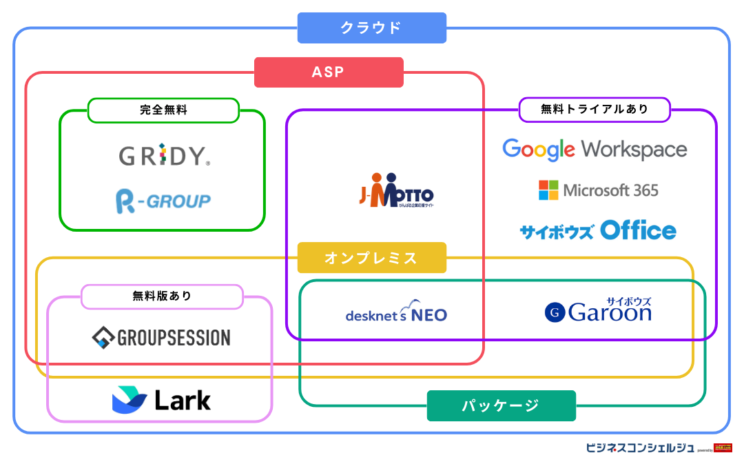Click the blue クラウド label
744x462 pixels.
point(371,28)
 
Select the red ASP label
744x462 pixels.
point(328,72)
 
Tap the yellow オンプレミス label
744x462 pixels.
point(371,258)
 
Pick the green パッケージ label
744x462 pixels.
point(501,405)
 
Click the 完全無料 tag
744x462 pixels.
point(163,110)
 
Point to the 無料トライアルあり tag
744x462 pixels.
point(594,110)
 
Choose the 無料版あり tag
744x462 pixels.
point(162,297)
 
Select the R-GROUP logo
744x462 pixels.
point(163,201)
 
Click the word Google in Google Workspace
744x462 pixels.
point(538,150)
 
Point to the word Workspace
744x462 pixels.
point(634,150)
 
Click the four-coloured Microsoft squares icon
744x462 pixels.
point(548,190)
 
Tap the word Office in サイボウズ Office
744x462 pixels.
point(638,230)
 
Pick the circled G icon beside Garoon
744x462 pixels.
point(555,313)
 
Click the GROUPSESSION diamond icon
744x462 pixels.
point(103,338)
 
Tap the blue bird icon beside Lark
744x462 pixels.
point(130,400)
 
